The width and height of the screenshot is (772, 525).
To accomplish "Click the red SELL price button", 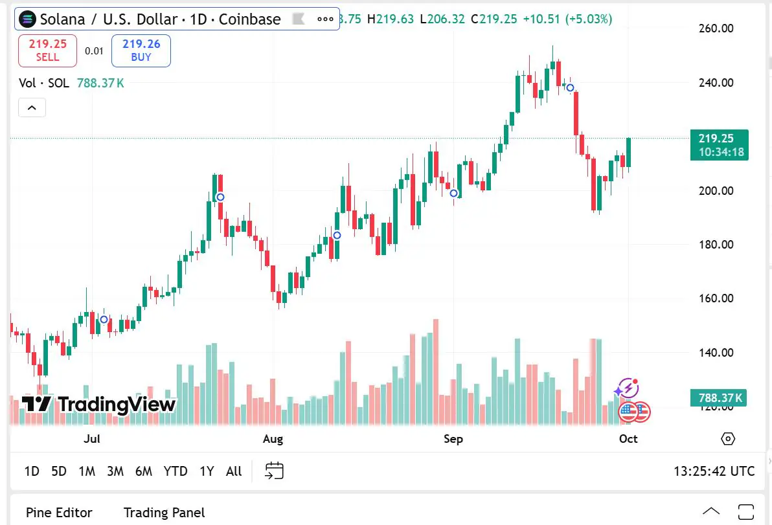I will click(x=47, y=50).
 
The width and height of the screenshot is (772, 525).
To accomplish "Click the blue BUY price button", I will click(x=141, y=50).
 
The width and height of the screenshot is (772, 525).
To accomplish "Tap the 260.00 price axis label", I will click(x=716, y=28).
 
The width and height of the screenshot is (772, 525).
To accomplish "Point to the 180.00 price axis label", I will click(x=716, y=245).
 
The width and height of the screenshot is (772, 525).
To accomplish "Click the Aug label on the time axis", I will click(x=273, y=439).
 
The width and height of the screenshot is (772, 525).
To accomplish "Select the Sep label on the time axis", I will click(x=453, y=439).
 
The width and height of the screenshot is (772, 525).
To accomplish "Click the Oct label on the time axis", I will click(x=628, y=439).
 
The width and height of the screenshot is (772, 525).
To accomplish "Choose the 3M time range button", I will click(x=115, y=471).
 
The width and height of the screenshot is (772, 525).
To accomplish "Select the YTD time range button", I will click(x=176, y=471).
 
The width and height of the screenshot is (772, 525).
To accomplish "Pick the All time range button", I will click(x=234, y=471).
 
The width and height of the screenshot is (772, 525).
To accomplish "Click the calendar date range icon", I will click(x=275, y=471).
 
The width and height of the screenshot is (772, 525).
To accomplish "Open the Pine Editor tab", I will click(x=59, y=513).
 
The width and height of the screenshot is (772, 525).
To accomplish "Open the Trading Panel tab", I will click(x=164, y=513).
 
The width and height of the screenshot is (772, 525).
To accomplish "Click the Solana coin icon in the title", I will click(x=27, y=19).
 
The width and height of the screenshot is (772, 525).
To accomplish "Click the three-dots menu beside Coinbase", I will click(x=325, y=19).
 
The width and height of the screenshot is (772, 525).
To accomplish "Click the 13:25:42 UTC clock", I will click(x=714, y=471).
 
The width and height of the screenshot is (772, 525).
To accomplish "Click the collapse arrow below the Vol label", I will click(x=32, y=107).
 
